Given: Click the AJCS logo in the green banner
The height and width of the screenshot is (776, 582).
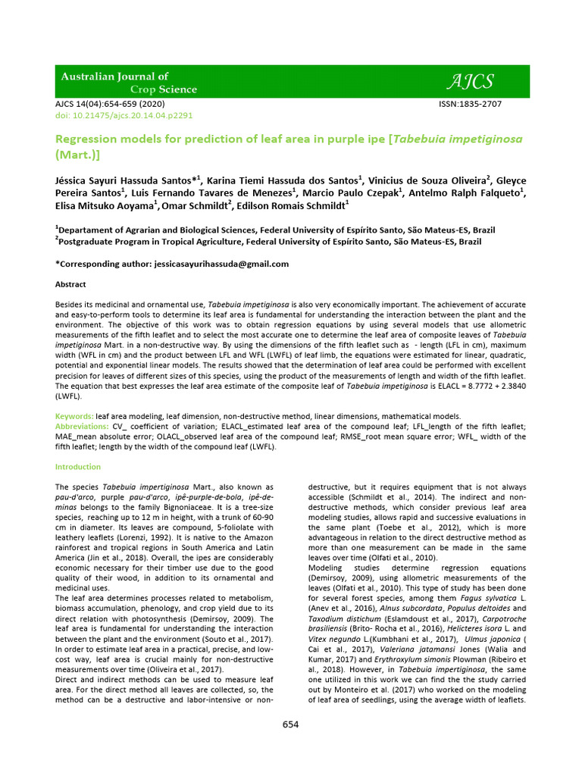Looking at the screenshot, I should coord(471,81).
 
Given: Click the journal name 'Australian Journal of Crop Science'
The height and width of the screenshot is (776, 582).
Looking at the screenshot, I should coord(129,83).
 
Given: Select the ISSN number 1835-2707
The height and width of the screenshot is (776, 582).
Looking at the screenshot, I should coord(470,104).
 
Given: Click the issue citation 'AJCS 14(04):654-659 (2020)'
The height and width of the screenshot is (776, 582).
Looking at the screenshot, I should coord(110,104).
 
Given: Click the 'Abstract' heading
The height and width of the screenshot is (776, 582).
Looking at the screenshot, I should coord(70,284).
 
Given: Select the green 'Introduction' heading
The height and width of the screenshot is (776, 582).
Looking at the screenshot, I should coord(78,467).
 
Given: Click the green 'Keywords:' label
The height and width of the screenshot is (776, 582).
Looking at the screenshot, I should coord(74,417).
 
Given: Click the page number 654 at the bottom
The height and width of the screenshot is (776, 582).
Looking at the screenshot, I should coord(291,724).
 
